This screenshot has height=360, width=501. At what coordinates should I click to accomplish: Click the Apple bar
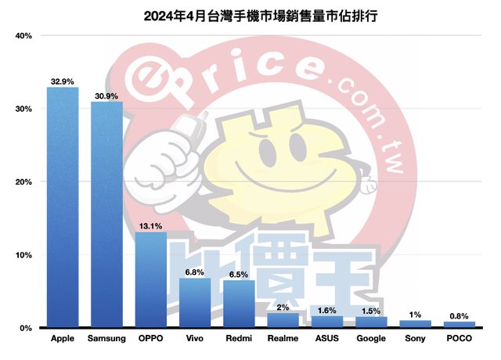(x=63, y=207)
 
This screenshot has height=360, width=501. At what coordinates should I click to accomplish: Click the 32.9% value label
(x=63, y=81)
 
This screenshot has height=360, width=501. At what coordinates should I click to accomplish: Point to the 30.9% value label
(x=106, y=95)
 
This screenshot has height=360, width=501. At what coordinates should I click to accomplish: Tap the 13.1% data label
(x=150, y=225)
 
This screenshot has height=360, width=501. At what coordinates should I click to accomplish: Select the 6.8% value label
(x=195, y=272)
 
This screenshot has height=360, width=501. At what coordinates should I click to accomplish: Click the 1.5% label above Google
(x=371, y=310)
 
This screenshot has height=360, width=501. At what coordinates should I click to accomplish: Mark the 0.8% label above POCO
(x=460, y=315)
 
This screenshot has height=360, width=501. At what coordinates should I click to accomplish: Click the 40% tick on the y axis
(x=23, y=36)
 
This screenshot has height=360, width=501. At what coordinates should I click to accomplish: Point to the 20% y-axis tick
(x=23, y=182)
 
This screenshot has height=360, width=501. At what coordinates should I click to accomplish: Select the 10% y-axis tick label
(x=23, y=255)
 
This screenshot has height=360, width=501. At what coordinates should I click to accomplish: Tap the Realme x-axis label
(x=283, y=340)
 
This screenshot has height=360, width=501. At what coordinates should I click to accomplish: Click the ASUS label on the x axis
(x=327, y=340)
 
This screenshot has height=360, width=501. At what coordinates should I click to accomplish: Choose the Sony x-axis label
(x=415, y=340)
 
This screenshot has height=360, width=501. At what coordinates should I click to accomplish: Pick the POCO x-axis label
(x=460, y=340)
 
